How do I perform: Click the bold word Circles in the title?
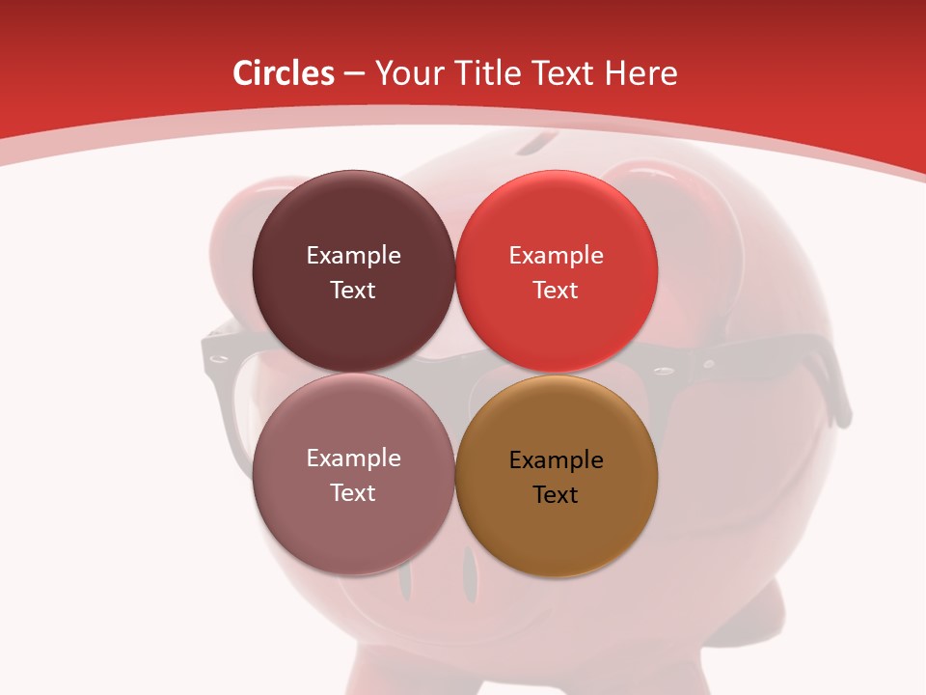[x=284, y=73]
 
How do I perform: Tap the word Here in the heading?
[x=640, y=73]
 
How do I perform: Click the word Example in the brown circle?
[x=556, y=460]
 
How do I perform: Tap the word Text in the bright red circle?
[x=556, y=291]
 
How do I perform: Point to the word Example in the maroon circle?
[x=353, y=256]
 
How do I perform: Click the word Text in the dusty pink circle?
[x=353, y=493]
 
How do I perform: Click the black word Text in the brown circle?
[x=556, y=495]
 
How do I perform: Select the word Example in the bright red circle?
[x=556, y=256]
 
